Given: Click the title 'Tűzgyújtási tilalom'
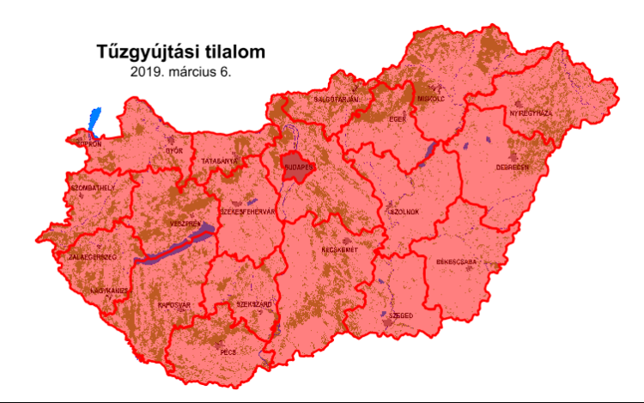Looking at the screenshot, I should [x=180, y=52].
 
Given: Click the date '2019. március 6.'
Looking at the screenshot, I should [x=180, y=72].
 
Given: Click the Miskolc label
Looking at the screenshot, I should [x=431, y=98].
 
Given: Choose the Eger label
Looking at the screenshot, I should [x=397, y=119].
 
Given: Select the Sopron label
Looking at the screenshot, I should [x=89, y=144].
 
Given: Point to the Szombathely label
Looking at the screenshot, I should [x=92, y=186].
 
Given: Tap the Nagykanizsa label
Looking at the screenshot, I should [x=108, y=290].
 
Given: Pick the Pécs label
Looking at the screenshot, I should [x=228, y=352].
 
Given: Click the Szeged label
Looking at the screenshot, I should [x=401, y=315].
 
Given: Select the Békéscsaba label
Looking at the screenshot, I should [x=457, y=260].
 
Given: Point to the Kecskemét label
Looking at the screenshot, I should [x=340, y=250].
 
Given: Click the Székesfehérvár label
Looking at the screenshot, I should [x=248, y=210].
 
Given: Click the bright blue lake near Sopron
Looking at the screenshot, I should [x=94, y=120].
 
